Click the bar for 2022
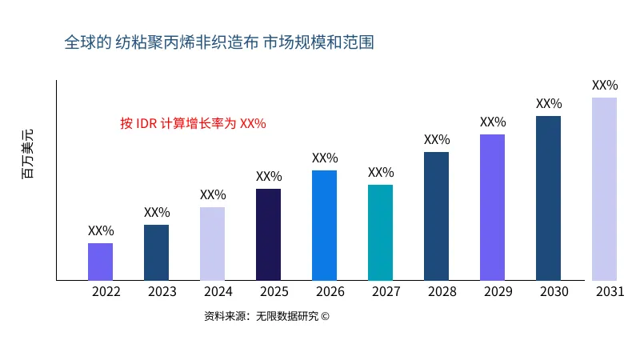pos(101,262)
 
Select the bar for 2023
pos(157,253)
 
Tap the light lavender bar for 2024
pos(213,244)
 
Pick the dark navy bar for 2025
pos(269,234)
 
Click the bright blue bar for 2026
pos(325,225)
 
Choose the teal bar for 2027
pos(381,232)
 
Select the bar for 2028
pos(437,216)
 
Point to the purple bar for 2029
pos(493,207)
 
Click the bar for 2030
pos(549,198)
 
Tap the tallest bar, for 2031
pos(605,189)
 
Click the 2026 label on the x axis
pos(330,291)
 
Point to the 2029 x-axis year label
pos(498,291)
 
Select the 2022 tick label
pos(106,291)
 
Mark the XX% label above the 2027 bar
pos(381,173)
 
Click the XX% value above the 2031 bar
pos(605,86)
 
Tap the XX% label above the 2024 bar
pos(213,195)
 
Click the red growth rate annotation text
pos(193,123)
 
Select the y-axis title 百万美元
pos(28,153)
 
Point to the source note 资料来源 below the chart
pos(266,316)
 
